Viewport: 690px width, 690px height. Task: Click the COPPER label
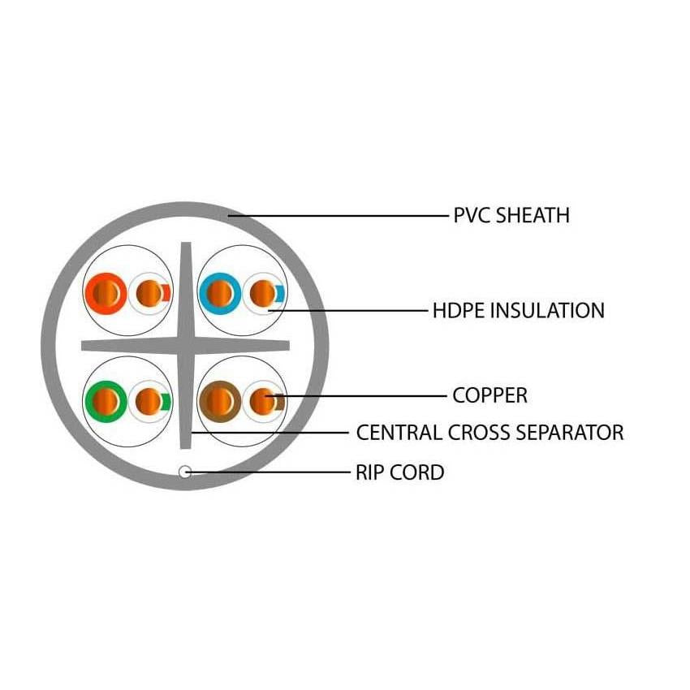pyautogui.click(x=489, y=395)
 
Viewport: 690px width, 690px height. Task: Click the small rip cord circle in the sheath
pyautogui.click(x=185, y=472)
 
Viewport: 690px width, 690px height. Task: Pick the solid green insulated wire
pyautogui.click(x=106, y=399)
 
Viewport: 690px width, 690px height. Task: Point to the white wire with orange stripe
pyautogui.click(x=149, y=291)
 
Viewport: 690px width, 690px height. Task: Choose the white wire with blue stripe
pyautogui.click(x=263, y=291)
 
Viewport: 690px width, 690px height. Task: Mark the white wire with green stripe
pyautogui.click(x=149, y=399)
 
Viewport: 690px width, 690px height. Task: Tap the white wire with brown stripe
pyautogui.click(x=262, y=399)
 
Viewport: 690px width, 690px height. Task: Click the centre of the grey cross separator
pyautogui.click(x=186, y=345)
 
